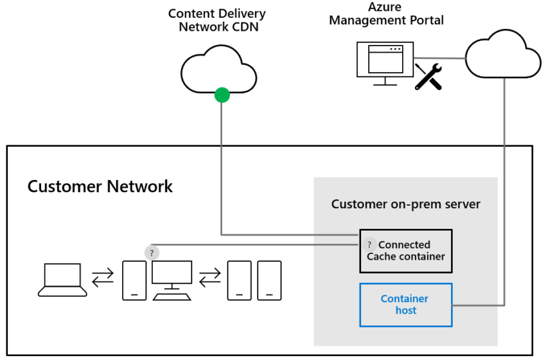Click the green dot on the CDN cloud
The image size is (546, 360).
tap(222, 96)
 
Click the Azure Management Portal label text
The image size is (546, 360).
tap(386, 14)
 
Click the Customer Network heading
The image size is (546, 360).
tap(100, 186)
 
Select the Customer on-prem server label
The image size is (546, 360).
tap(405, 204)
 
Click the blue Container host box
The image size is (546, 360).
tap(405, 305)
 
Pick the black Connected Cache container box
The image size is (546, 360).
tap(405, 251)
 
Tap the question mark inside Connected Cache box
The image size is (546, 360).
tap(369, 245)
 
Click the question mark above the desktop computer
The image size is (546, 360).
tap(152, 253)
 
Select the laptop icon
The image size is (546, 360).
tap(62, 280)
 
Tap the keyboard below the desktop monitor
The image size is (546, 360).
tap(172, 296)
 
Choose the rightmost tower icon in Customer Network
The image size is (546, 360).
tap(269, 280)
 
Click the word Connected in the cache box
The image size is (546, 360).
tap(404, 245)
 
